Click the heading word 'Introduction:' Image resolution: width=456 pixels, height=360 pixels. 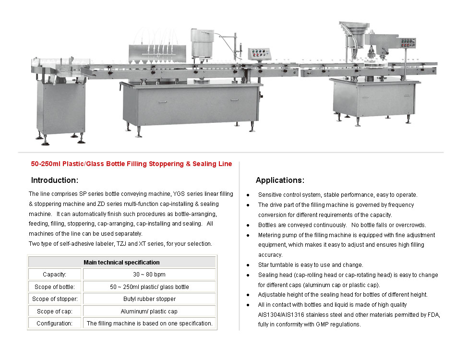tap(54, 180)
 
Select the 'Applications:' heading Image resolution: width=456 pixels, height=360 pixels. tap(280, 180)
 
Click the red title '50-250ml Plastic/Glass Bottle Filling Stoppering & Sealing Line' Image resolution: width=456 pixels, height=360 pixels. tap(132, 164)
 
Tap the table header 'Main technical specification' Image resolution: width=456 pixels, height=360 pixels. tap(121, 262)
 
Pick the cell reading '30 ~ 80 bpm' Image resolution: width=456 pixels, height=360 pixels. tap(149, 275)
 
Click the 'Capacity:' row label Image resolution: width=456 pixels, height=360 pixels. tap(55, 275)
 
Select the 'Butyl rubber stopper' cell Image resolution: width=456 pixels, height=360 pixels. tap(149, 299)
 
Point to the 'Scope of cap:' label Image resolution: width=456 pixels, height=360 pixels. tap(55, 312)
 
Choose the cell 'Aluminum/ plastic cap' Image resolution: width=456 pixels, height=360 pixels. tap(149, 312)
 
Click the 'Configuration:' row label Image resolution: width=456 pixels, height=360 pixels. tap(55, 324)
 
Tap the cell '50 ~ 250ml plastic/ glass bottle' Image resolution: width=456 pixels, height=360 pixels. tap(149, 287)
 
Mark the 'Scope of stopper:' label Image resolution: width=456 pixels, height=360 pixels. tap(55, 299)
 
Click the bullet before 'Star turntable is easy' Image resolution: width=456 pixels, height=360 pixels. tap(248, 265)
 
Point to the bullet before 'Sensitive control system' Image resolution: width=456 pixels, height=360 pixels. tap(248, 195)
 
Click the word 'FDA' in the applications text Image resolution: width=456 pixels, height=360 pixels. tap(433, 314)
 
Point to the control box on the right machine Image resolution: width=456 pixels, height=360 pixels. tap(408, 43)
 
